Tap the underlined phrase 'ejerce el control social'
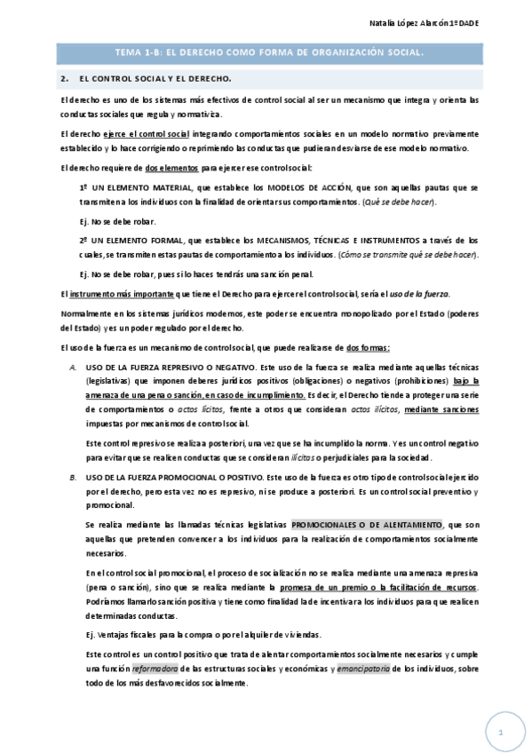pos(146,133)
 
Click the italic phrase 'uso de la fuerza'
pos(422,294)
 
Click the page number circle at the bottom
pos(500,733)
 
